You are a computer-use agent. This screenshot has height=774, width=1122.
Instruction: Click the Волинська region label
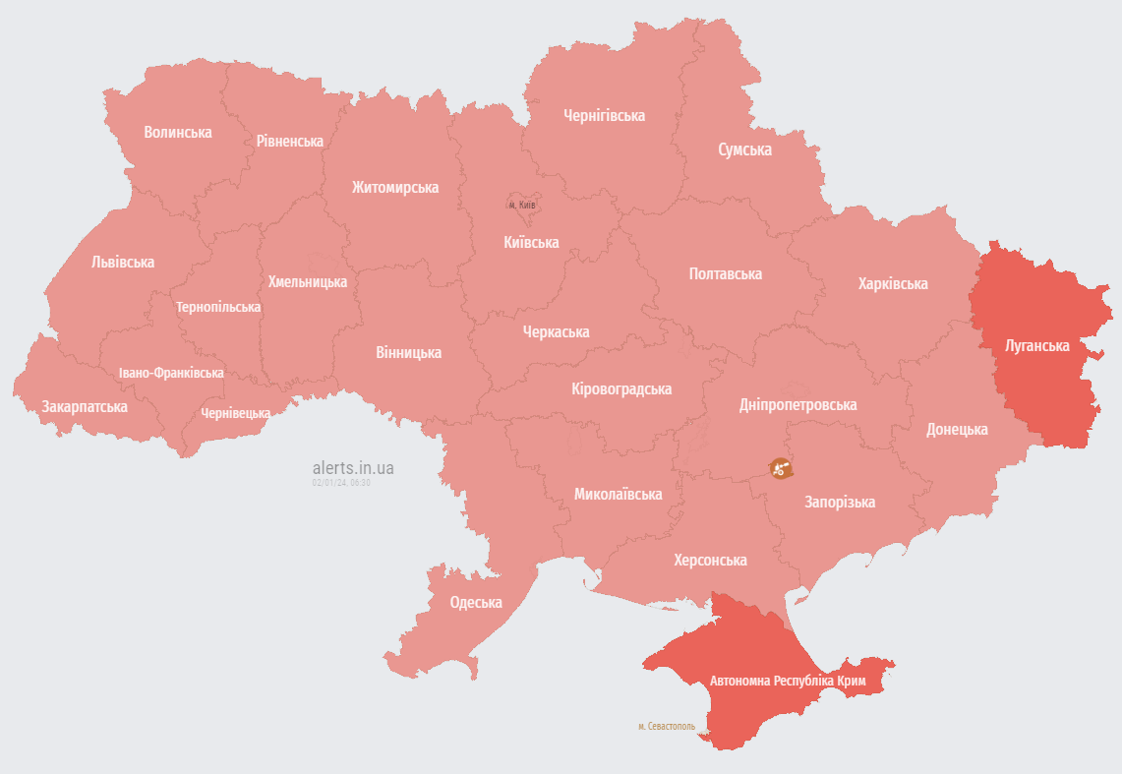pyautogui.click(x=177, y=132)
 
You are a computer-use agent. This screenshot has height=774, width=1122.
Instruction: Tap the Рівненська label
pyautogui.click(x=289, y=142)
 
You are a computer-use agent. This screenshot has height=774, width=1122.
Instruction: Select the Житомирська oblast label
pyautogui.click(x=395, y=187)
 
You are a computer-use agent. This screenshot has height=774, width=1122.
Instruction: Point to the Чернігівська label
pyautogui.click(x=604, y=115)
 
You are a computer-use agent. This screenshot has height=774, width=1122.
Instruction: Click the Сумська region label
pyautogui.click(x=744, y=149)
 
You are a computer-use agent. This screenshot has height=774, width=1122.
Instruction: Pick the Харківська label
pyautogui.click(x=892, y=283)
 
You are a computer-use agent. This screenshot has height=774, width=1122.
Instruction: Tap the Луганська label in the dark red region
pyautogui.click(x=1036, y=345)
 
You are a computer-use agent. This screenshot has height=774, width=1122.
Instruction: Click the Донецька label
pyautogui.click(x=957, y=429)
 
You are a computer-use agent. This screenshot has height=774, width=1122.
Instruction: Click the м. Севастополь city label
pyautogui.click(x=666, y=727)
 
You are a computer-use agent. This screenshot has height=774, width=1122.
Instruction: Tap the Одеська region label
pyautogui.click(x=475, y=602)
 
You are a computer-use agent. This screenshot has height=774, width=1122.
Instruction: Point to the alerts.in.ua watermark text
pyautogui.click(x=352, y=468)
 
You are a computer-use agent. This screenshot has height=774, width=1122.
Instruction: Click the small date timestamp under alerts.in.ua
pyautogui.click(x=341, y=483)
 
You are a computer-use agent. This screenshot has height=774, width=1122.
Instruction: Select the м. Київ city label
pyautogui.click(x=522, y=205)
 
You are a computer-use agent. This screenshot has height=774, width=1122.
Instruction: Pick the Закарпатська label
pyautogui.click(x=85, y=406)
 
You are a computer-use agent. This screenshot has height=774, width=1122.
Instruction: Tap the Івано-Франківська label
pyautogui.click(x=171, y=373)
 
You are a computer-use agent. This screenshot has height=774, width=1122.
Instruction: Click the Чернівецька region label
pyautogui.click(x=235, y=413)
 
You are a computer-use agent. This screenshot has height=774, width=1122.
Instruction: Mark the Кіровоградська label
pyautogui.click(x=621, y=388)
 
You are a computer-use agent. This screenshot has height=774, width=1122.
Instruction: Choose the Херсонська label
pyautogui.click(x=710, y=560)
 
